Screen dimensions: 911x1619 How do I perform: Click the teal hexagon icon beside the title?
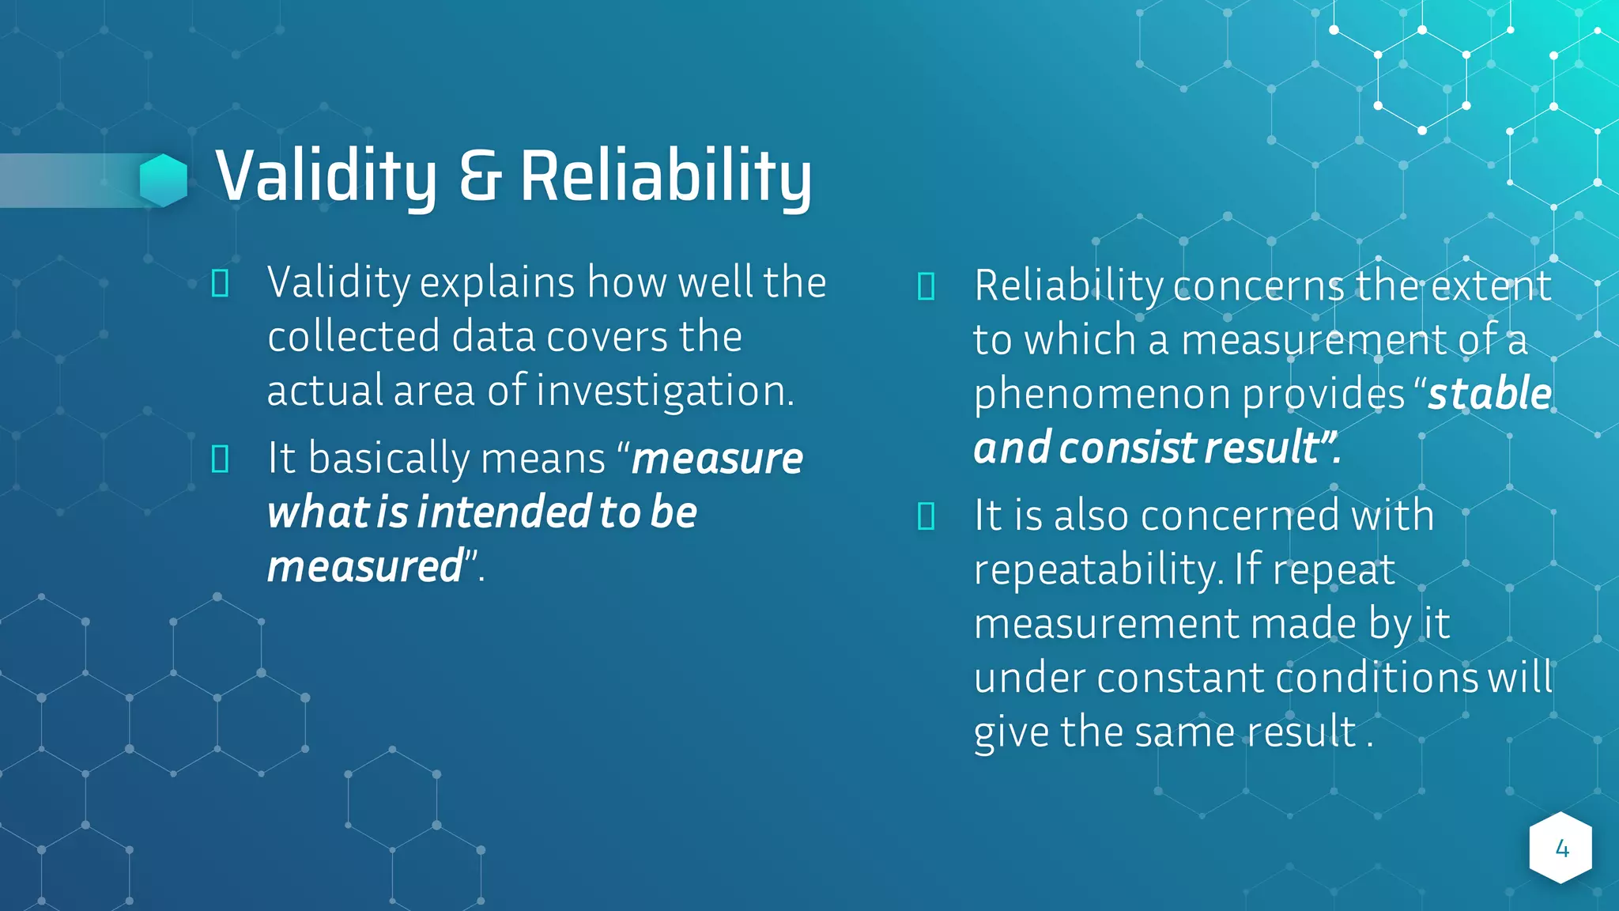(x=164, y=180)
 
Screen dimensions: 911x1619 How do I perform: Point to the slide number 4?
(x=1561, y=849)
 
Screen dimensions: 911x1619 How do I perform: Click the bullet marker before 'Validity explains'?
(x=221, y=283)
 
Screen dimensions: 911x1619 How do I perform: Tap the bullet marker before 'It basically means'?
(x=221, y=459)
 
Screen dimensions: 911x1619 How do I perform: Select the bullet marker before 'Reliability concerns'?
(x=926, y=286)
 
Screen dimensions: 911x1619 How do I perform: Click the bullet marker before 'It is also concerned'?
(x=926, y=516)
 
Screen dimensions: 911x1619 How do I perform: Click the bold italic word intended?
(x=504, y=512)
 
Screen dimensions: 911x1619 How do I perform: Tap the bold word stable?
(x=1489, y=393)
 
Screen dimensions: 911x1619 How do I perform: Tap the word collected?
(x=353, y=336)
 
